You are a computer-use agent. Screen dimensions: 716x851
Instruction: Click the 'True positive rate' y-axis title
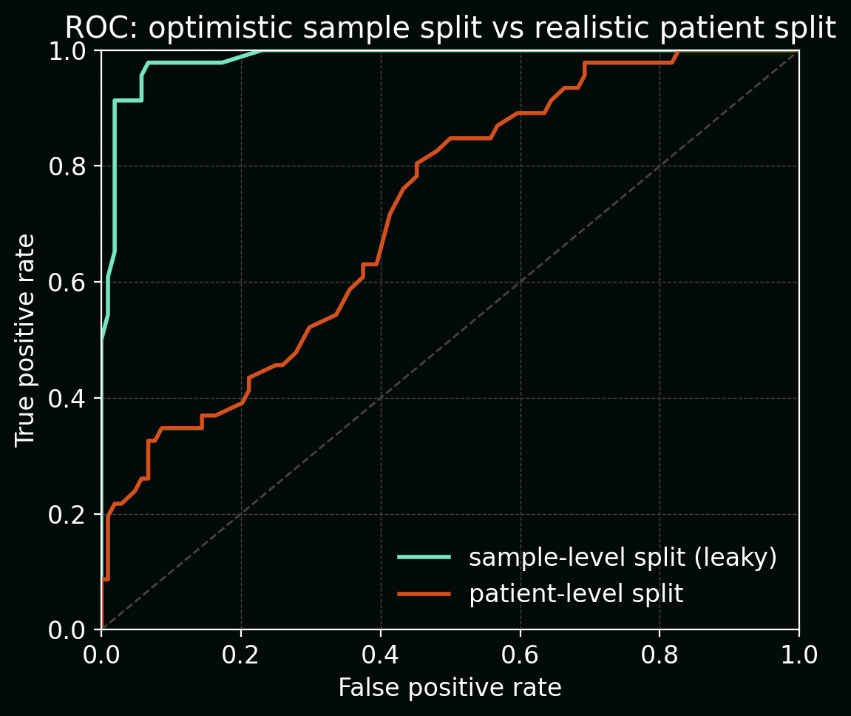[x=26, y=340]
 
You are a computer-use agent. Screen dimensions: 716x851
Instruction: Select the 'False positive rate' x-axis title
[x=450, y=688]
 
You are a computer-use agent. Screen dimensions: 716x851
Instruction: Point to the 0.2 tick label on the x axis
[x=241, y=653]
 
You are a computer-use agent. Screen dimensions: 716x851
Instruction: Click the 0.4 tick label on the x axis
[x=380, y=653]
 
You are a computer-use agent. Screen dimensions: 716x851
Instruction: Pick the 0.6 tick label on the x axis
[x=520, y=653]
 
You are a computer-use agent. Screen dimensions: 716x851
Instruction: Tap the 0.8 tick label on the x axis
[x=660, y=653]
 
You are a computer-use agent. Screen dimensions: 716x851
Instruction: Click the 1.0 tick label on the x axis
[x=799, y=653]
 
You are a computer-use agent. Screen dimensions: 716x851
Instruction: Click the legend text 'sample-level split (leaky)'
[x=623, y=558]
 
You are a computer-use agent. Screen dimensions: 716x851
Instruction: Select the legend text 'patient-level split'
[x=576, y=594]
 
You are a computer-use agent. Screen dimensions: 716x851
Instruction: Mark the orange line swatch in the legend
[x=424, y=593]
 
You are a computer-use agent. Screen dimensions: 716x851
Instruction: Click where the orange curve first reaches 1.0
[x=678, y=51]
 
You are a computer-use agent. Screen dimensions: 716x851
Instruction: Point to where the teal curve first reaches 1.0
[x=262, y=51]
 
